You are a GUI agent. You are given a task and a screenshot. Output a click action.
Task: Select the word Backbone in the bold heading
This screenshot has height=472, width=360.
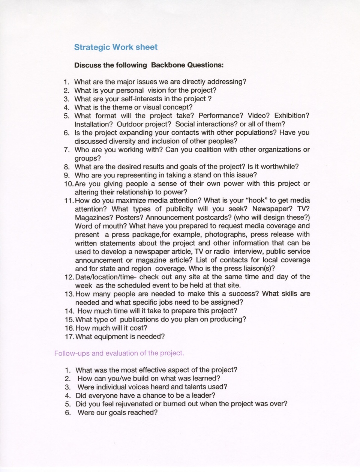(x=168, y=65)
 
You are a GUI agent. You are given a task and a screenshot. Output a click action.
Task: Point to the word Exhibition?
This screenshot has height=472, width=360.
(x=292, y=116)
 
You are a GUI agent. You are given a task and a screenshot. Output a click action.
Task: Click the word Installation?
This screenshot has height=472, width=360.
(x=94, y=124)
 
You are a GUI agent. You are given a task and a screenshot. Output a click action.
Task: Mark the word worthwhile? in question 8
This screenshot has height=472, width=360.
(x=279, y=167)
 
